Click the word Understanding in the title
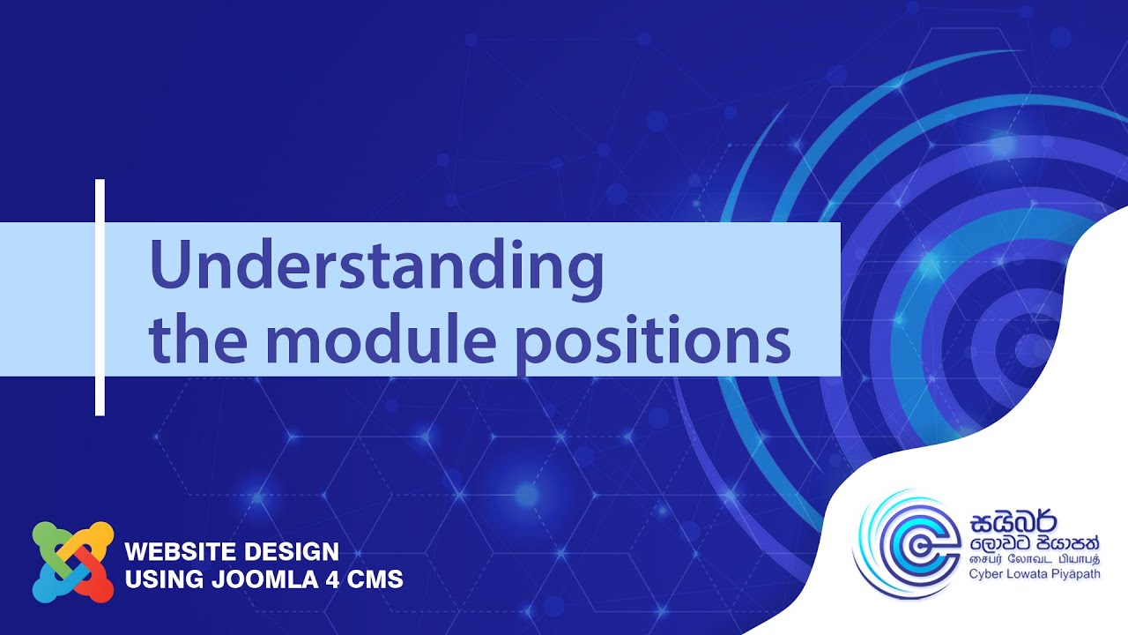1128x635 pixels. pos(376,267)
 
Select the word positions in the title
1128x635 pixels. pos(652,342)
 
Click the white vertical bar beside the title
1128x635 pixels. pos(100,297)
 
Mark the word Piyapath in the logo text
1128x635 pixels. pos(1087,574)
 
